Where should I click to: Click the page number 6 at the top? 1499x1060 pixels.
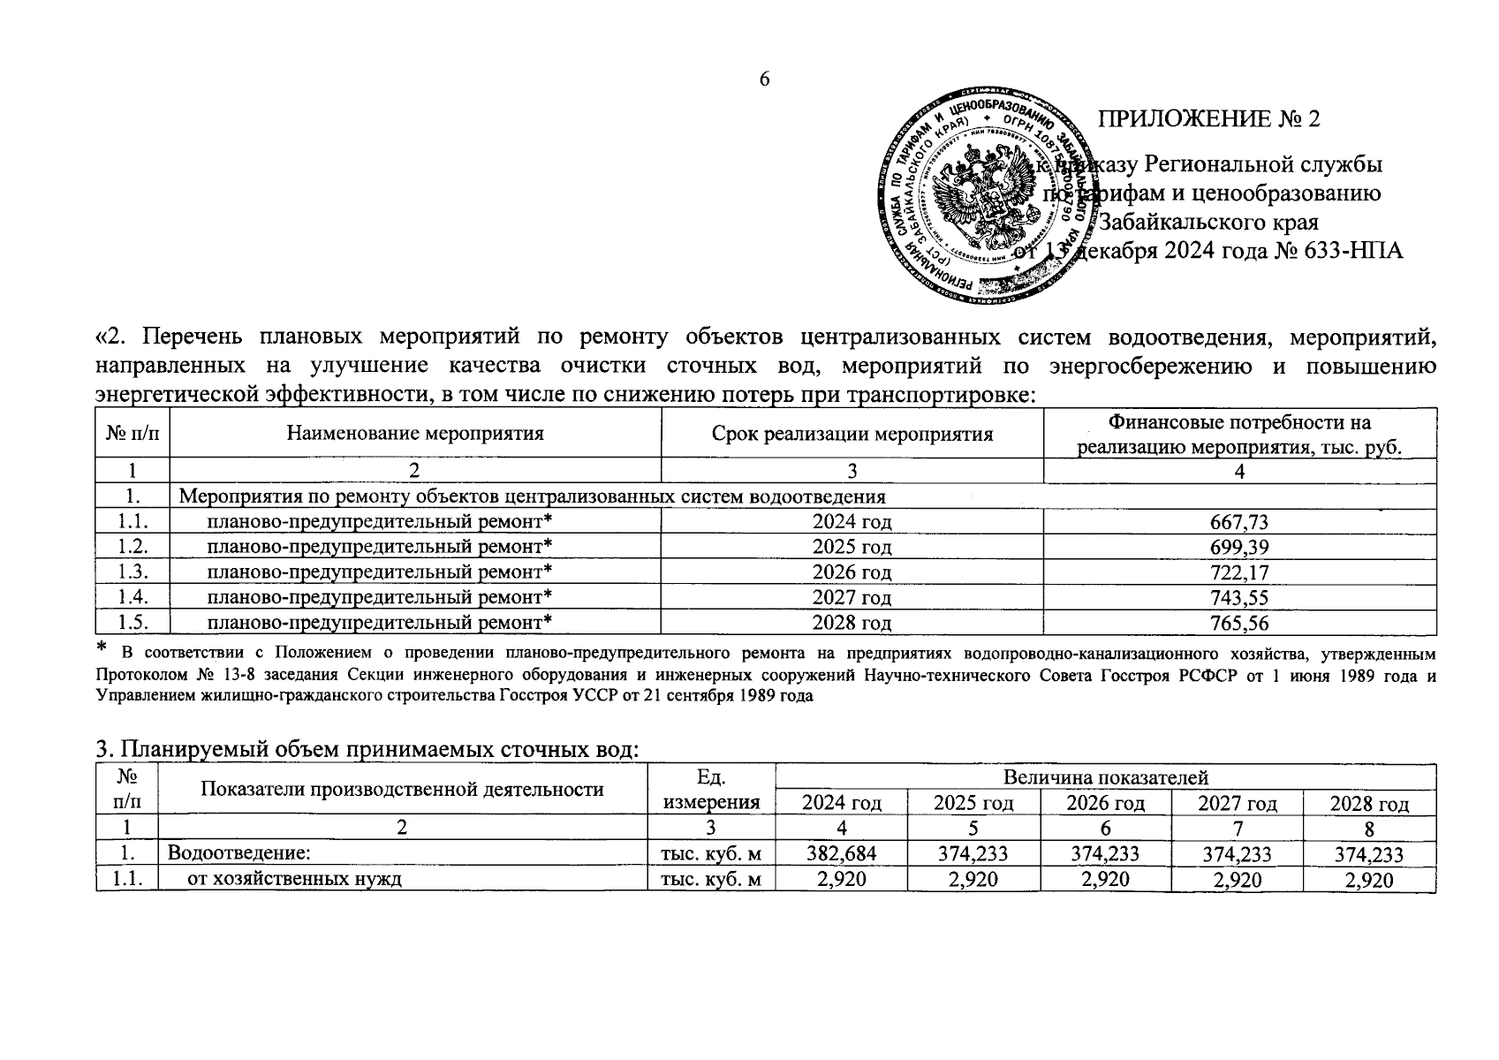pyautogui.click(x=765, y=79)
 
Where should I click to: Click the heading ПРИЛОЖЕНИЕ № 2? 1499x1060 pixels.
pyautogui.click(x=1208, y=119)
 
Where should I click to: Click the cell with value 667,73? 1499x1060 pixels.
pyautogui.click(x=1239, y=522)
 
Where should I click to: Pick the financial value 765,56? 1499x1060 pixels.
pyautogui.click(x=1239, y=624)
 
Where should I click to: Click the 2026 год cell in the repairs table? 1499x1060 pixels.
pyautogui.click(x=852, y=572)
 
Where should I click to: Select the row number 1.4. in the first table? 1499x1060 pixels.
pyautogui.click(x=132, y=598)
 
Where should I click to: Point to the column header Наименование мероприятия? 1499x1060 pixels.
pyautogui.click(x=414, y=434)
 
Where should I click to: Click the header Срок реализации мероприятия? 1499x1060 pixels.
pyautogui.click(x=852, y=434)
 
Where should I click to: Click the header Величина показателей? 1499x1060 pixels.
pyautogui.click(x=1104, y=777)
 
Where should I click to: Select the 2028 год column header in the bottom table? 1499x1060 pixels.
pyautogui.click(x=1369, y=804)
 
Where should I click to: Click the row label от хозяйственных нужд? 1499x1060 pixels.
pyautogui.click(x=294, y=880)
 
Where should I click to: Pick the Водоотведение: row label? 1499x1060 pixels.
pyautogui.click(x=239, y=854)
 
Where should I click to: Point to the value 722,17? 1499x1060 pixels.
pyautogui.click(x=1239, y=572)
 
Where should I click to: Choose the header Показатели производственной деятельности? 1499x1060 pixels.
pyautogui.click(x=402, y=790)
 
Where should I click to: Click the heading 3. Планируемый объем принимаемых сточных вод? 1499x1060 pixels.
pyautogui.click(x=367, y=751)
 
